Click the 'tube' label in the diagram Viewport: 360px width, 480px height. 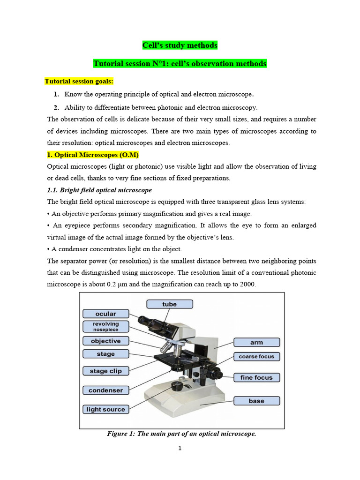click(169, 304)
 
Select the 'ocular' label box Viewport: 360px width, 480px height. click(105, 314)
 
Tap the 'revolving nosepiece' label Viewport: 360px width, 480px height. click(105, 327)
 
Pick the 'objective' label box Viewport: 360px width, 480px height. click(105, 341)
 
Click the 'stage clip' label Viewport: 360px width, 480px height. click(105, 371)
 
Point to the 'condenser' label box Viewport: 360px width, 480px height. click(105, 390)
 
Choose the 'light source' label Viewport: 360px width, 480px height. click(105, 409)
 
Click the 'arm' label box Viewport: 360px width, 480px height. click(256, 343)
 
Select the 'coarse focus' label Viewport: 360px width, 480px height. click(256, 356)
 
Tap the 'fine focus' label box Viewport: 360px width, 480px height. click(256, 377)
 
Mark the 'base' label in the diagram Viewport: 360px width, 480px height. click(256, 401)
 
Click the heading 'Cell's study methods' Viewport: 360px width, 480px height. click(180, 45)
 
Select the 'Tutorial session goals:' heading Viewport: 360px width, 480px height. click(79, 81)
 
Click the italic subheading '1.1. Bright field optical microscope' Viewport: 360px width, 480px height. click(99, 190)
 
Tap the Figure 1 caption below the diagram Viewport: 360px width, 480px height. click(181, 434)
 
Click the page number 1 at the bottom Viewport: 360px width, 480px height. click(180, 449)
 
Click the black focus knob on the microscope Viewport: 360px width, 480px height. click(216, 373)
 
